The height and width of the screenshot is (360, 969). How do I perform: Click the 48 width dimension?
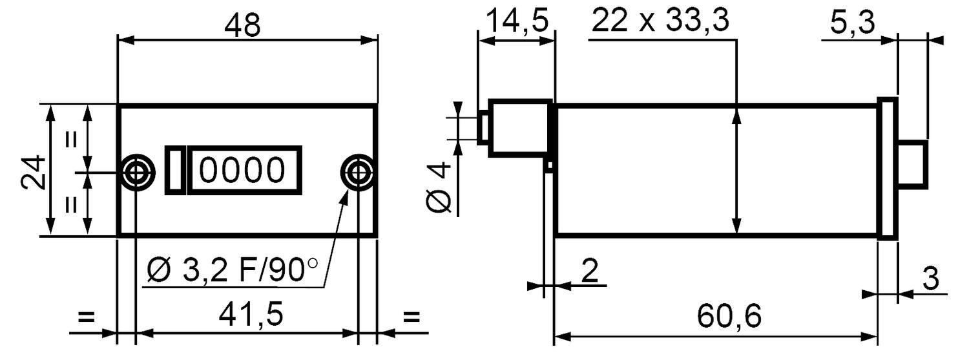243,25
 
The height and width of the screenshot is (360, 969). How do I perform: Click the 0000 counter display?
243,170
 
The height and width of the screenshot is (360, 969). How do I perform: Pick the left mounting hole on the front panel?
136,172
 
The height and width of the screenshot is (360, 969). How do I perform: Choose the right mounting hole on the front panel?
357,172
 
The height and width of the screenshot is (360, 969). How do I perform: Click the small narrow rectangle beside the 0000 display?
176,170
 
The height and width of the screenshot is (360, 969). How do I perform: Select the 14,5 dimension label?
517,21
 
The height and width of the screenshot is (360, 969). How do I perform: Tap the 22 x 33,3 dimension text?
660,21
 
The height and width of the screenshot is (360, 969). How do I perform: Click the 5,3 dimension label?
852,24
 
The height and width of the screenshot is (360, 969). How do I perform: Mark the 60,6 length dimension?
729,316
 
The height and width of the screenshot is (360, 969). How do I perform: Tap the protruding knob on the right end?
913,165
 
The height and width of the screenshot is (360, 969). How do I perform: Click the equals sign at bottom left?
85,317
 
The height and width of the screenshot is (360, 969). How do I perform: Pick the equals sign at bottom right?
411,317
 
